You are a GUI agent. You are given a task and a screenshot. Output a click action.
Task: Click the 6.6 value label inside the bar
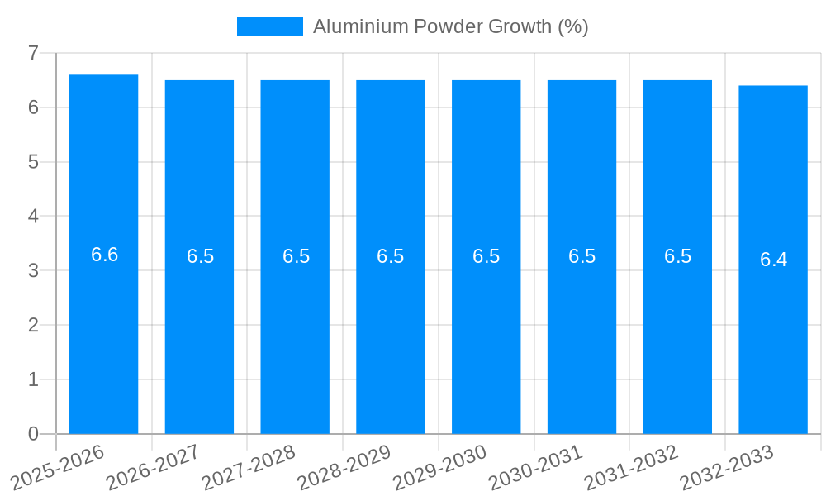point(104,255)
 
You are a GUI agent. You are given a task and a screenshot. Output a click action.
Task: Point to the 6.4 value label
point(773,260)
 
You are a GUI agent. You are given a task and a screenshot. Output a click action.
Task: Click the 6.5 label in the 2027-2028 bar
point(296,256)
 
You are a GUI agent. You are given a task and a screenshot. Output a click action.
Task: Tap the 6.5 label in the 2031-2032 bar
point(677,256)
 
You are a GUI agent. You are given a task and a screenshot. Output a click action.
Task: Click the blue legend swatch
point(269,26)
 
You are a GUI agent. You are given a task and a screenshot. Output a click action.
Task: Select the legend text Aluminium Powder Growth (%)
point(450,26)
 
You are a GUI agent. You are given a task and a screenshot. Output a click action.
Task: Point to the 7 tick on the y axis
point(33,53)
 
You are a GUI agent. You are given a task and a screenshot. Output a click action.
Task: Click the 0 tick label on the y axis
point(33,434)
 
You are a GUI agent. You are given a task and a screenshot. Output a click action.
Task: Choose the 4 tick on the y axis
point(33,216)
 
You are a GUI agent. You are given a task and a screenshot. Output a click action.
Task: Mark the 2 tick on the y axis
point(33,325)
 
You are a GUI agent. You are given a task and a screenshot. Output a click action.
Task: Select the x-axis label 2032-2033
point(726,468)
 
